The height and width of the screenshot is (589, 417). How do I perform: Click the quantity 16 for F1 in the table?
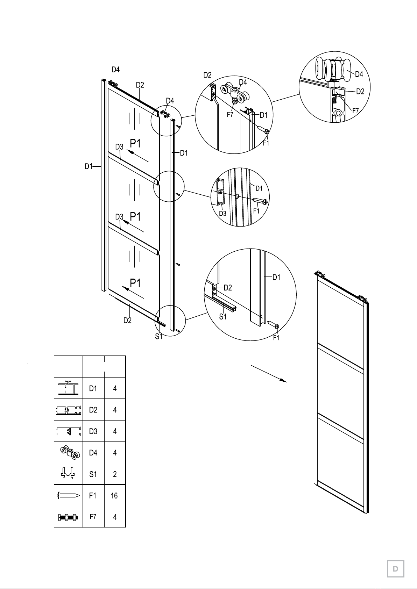pos(114,496)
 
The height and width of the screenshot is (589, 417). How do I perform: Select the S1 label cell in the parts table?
pos(93,474)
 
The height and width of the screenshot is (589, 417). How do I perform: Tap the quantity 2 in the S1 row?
pos(115,474)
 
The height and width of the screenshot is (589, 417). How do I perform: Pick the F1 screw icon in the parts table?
pos(69,496)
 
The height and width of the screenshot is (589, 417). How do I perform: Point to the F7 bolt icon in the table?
pos(68,517)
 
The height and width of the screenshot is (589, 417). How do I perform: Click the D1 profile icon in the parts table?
pos(69,388)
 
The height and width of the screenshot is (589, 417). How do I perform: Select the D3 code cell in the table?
pos(93,431)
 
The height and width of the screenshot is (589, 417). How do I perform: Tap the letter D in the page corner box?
pos(395,569)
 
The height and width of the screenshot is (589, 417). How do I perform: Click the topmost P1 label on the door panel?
pos(135,143)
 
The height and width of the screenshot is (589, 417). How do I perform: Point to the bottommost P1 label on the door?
pos(135,283)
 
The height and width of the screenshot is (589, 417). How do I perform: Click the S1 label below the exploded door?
pos(158,336)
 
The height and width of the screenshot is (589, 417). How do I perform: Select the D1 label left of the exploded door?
pos(89,166)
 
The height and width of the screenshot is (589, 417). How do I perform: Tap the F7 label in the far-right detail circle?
pos(355,110)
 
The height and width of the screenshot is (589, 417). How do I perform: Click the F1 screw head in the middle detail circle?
pos(265,202)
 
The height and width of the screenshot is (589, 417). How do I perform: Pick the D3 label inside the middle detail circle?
pos(222,213)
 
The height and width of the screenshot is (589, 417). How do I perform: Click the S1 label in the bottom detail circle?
pos(222,317)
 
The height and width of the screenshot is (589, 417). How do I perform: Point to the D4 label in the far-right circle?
pos(359,74)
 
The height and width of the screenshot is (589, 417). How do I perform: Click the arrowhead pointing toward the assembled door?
pos(283,380)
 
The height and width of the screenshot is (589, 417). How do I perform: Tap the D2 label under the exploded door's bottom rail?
pos(128,320)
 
